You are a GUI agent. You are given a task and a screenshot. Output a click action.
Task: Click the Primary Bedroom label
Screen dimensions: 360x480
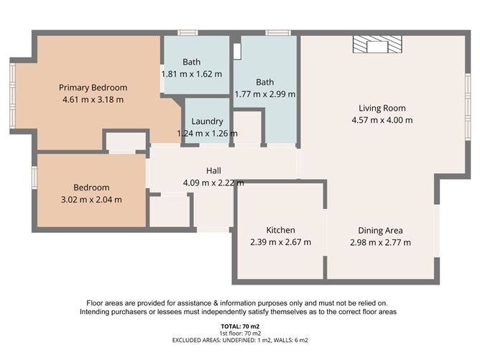(x=93, y=88)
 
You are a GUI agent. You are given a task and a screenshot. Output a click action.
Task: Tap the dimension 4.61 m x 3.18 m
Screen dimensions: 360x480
(x=93, y=99)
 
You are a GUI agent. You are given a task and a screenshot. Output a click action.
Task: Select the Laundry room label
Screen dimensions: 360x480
(x=207, y=121)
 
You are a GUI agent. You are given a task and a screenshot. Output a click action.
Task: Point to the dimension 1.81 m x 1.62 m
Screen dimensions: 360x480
(x=192, y=73)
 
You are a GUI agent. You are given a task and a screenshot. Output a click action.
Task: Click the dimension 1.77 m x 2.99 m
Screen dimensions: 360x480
(x=265, y=93)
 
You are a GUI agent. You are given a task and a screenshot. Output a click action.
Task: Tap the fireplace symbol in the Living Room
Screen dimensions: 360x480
(x=377, y=46)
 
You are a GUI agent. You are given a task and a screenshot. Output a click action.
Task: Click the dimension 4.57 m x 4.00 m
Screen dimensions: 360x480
(x=382, y=120)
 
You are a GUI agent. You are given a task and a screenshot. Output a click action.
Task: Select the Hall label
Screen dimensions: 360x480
(x=213, y=171)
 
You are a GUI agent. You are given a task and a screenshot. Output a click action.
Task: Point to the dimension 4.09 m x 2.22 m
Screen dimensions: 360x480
(x=213, y=183)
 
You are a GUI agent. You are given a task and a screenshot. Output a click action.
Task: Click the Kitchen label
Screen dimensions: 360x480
(x=280, y=231)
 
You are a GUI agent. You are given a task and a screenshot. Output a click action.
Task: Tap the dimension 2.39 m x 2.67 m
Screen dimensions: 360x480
(x=280, y=242)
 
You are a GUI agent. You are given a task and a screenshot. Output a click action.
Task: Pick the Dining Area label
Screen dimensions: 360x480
(x=380, y=231)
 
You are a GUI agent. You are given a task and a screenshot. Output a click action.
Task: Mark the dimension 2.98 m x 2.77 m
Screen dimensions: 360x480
(x=380, y=242)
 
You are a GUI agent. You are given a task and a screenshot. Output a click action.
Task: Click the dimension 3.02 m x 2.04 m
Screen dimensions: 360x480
(x=91, y=199)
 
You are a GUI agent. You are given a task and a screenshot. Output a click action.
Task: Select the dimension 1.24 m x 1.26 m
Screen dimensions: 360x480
(x=207, y=133)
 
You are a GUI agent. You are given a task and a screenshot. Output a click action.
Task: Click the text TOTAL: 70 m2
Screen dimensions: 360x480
(x=240, y=326)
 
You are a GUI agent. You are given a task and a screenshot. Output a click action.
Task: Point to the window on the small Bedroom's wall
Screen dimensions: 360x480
(x=34, y=177)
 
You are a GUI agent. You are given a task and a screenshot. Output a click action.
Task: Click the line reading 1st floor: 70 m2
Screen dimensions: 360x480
(x=240, y=333)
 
